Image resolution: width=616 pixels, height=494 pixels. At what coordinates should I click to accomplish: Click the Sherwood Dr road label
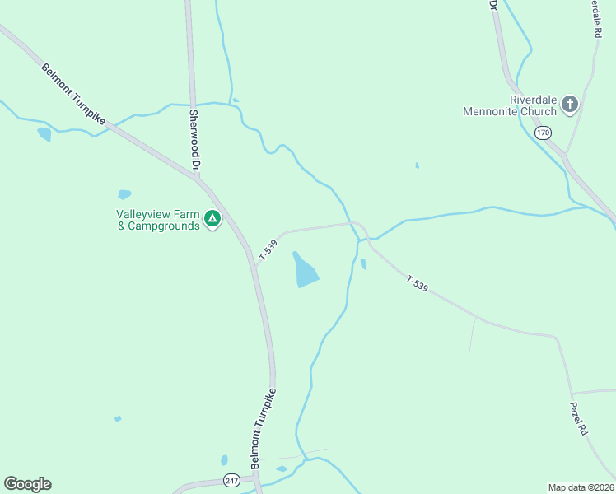coord(195,140)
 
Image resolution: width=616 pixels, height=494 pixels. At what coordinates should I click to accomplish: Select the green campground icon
coord(212,219)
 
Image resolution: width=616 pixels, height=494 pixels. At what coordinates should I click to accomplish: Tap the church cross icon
coord(569,105)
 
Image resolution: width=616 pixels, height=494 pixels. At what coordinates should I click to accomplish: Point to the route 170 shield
coord(542,133)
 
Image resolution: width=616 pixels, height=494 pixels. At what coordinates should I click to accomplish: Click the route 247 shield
coord(231,480)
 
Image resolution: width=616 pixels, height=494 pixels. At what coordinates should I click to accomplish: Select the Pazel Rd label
coord(580,418)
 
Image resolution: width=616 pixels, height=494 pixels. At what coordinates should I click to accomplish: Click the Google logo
coord(27,484)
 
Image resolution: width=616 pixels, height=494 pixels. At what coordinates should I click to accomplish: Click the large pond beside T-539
coord(305,270)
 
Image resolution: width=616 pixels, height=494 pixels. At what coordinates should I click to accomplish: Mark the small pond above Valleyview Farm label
coord(124,195)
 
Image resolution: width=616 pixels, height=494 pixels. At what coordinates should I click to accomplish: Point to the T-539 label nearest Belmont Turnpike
coord(266,250)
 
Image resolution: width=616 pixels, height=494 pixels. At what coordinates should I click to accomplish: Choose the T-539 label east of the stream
coord(418,284)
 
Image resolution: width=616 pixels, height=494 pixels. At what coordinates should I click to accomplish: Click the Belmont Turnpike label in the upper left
coord(74,95)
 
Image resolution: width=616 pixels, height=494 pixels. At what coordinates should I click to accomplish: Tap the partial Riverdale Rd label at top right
coord(595,18)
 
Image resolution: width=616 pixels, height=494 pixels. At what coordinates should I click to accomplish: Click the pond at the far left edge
coord(44,133)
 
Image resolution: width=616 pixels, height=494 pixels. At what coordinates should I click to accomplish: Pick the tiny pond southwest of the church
coord(418,165)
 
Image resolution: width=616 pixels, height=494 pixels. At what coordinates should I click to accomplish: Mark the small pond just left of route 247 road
coord(224,460)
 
